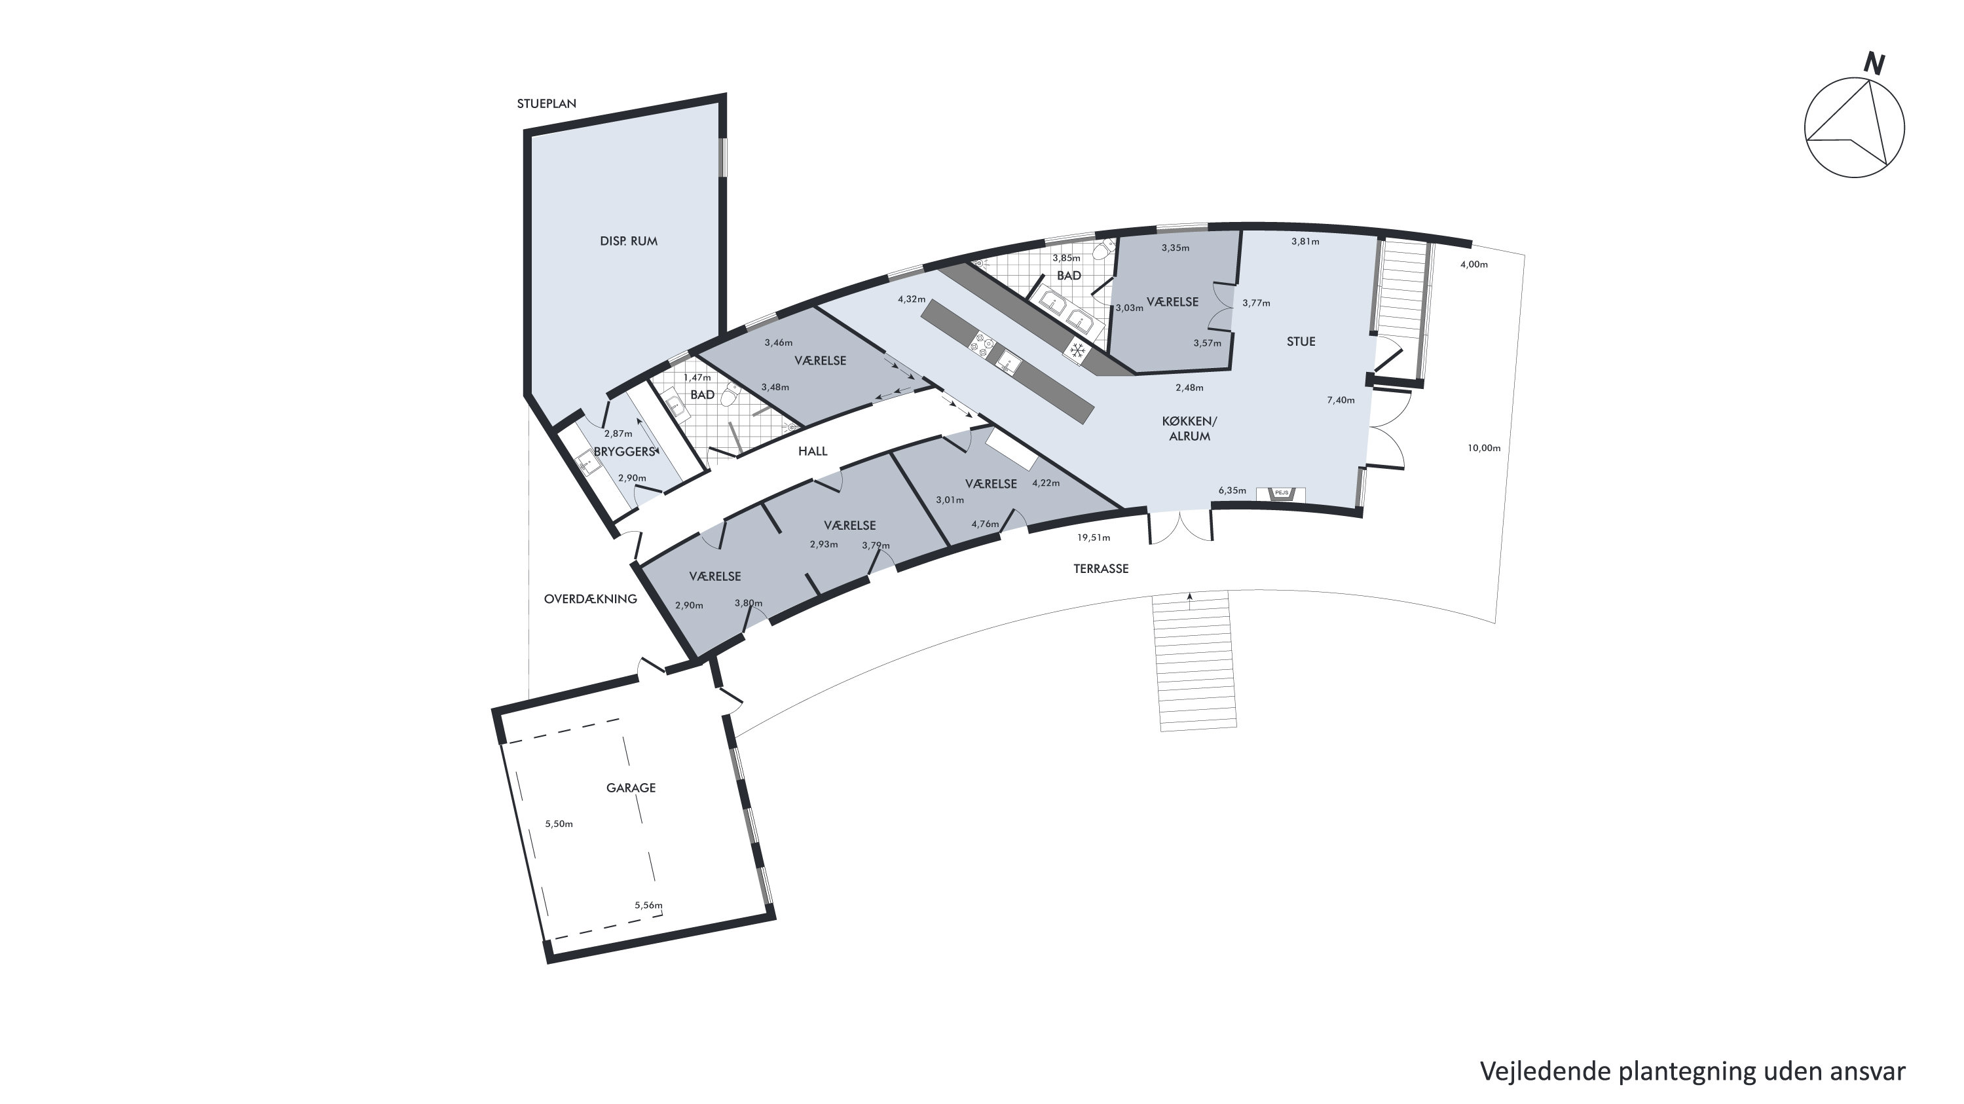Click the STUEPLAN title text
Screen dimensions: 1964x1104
546,103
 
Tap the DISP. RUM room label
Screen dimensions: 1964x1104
628,241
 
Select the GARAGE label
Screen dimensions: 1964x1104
631,788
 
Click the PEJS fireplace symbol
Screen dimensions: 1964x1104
1282,493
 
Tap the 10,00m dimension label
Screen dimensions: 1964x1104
1484,449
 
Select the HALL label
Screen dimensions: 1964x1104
813,451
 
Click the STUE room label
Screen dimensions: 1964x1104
1301,342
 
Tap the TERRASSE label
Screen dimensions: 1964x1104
1101,569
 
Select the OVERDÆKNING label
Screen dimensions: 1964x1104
590,599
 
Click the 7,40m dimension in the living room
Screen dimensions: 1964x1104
1341,400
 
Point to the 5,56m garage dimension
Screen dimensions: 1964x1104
649,906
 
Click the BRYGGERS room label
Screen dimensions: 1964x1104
625,451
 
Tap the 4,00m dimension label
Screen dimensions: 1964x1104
1473,265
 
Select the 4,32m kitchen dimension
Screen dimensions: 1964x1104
911,300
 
